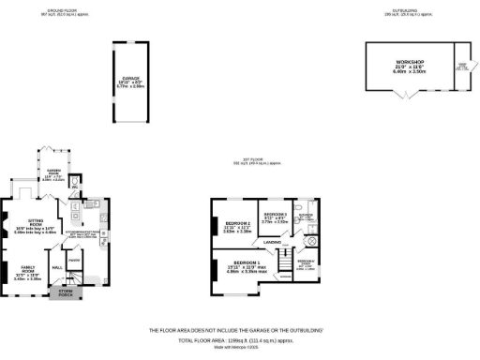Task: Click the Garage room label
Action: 129,79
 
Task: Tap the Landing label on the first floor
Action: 273,242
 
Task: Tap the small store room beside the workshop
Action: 460,67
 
